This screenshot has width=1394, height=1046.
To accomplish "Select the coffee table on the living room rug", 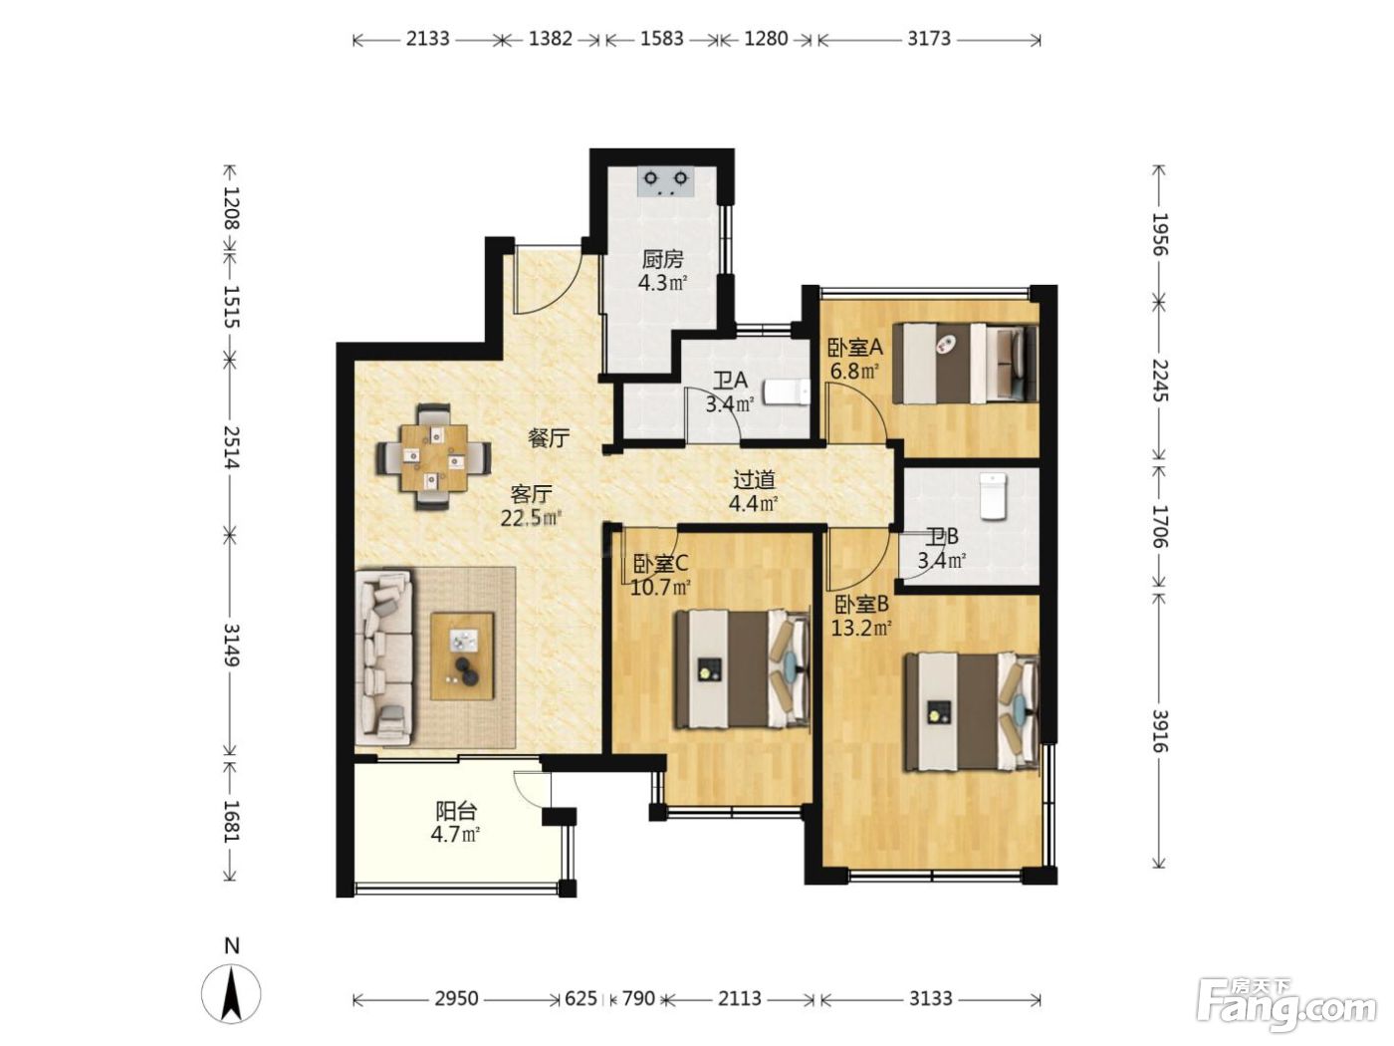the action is tap(462, 656).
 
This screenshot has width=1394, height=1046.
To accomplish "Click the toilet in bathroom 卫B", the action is tap(992, 496).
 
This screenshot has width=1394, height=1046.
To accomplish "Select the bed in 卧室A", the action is tap(965, 363).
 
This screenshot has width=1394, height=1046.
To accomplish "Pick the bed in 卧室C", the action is tap(743, 668).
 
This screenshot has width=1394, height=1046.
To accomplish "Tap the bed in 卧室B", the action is tap(972, 712).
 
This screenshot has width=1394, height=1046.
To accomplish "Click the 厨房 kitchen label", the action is tap(662, 260).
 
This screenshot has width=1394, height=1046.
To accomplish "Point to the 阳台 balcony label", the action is tap(455, 811).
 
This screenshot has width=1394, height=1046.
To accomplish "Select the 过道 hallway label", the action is tap(754, 479).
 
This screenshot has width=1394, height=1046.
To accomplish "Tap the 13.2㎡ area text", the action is tap(862, 629).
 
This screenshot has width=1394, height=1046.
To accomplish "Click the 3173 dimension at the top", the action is tap(928, 39).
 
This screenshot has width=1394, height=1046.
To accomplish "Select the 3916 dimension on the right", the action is tap(1160, 731).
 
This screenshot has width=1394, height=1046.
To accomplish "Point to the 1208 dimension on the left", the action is tap(231, 208).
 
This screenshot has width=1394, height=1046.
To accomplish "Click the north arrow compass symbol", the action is tap(231, 1002).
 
